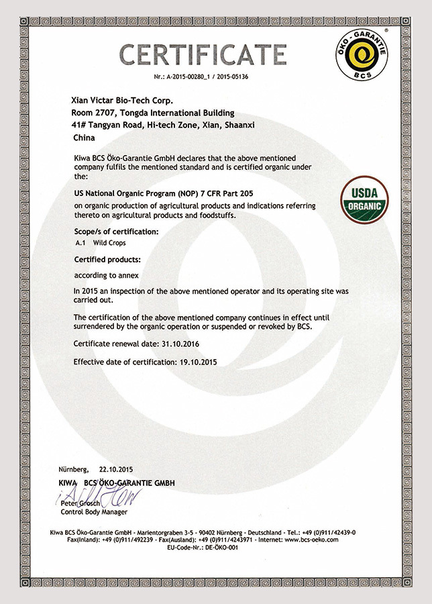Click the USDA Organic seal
pyautogui.click(x=365, y=200)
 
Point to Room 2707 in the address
pyautogui.click(x=93, y=113)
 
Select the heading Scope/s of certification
pyautogui.click(x=116, y=232)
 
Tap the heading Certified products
pyautogui.click(x=107, y=259)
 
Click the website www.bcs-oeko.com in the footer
pyautogui.click(x=310, y=540)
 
